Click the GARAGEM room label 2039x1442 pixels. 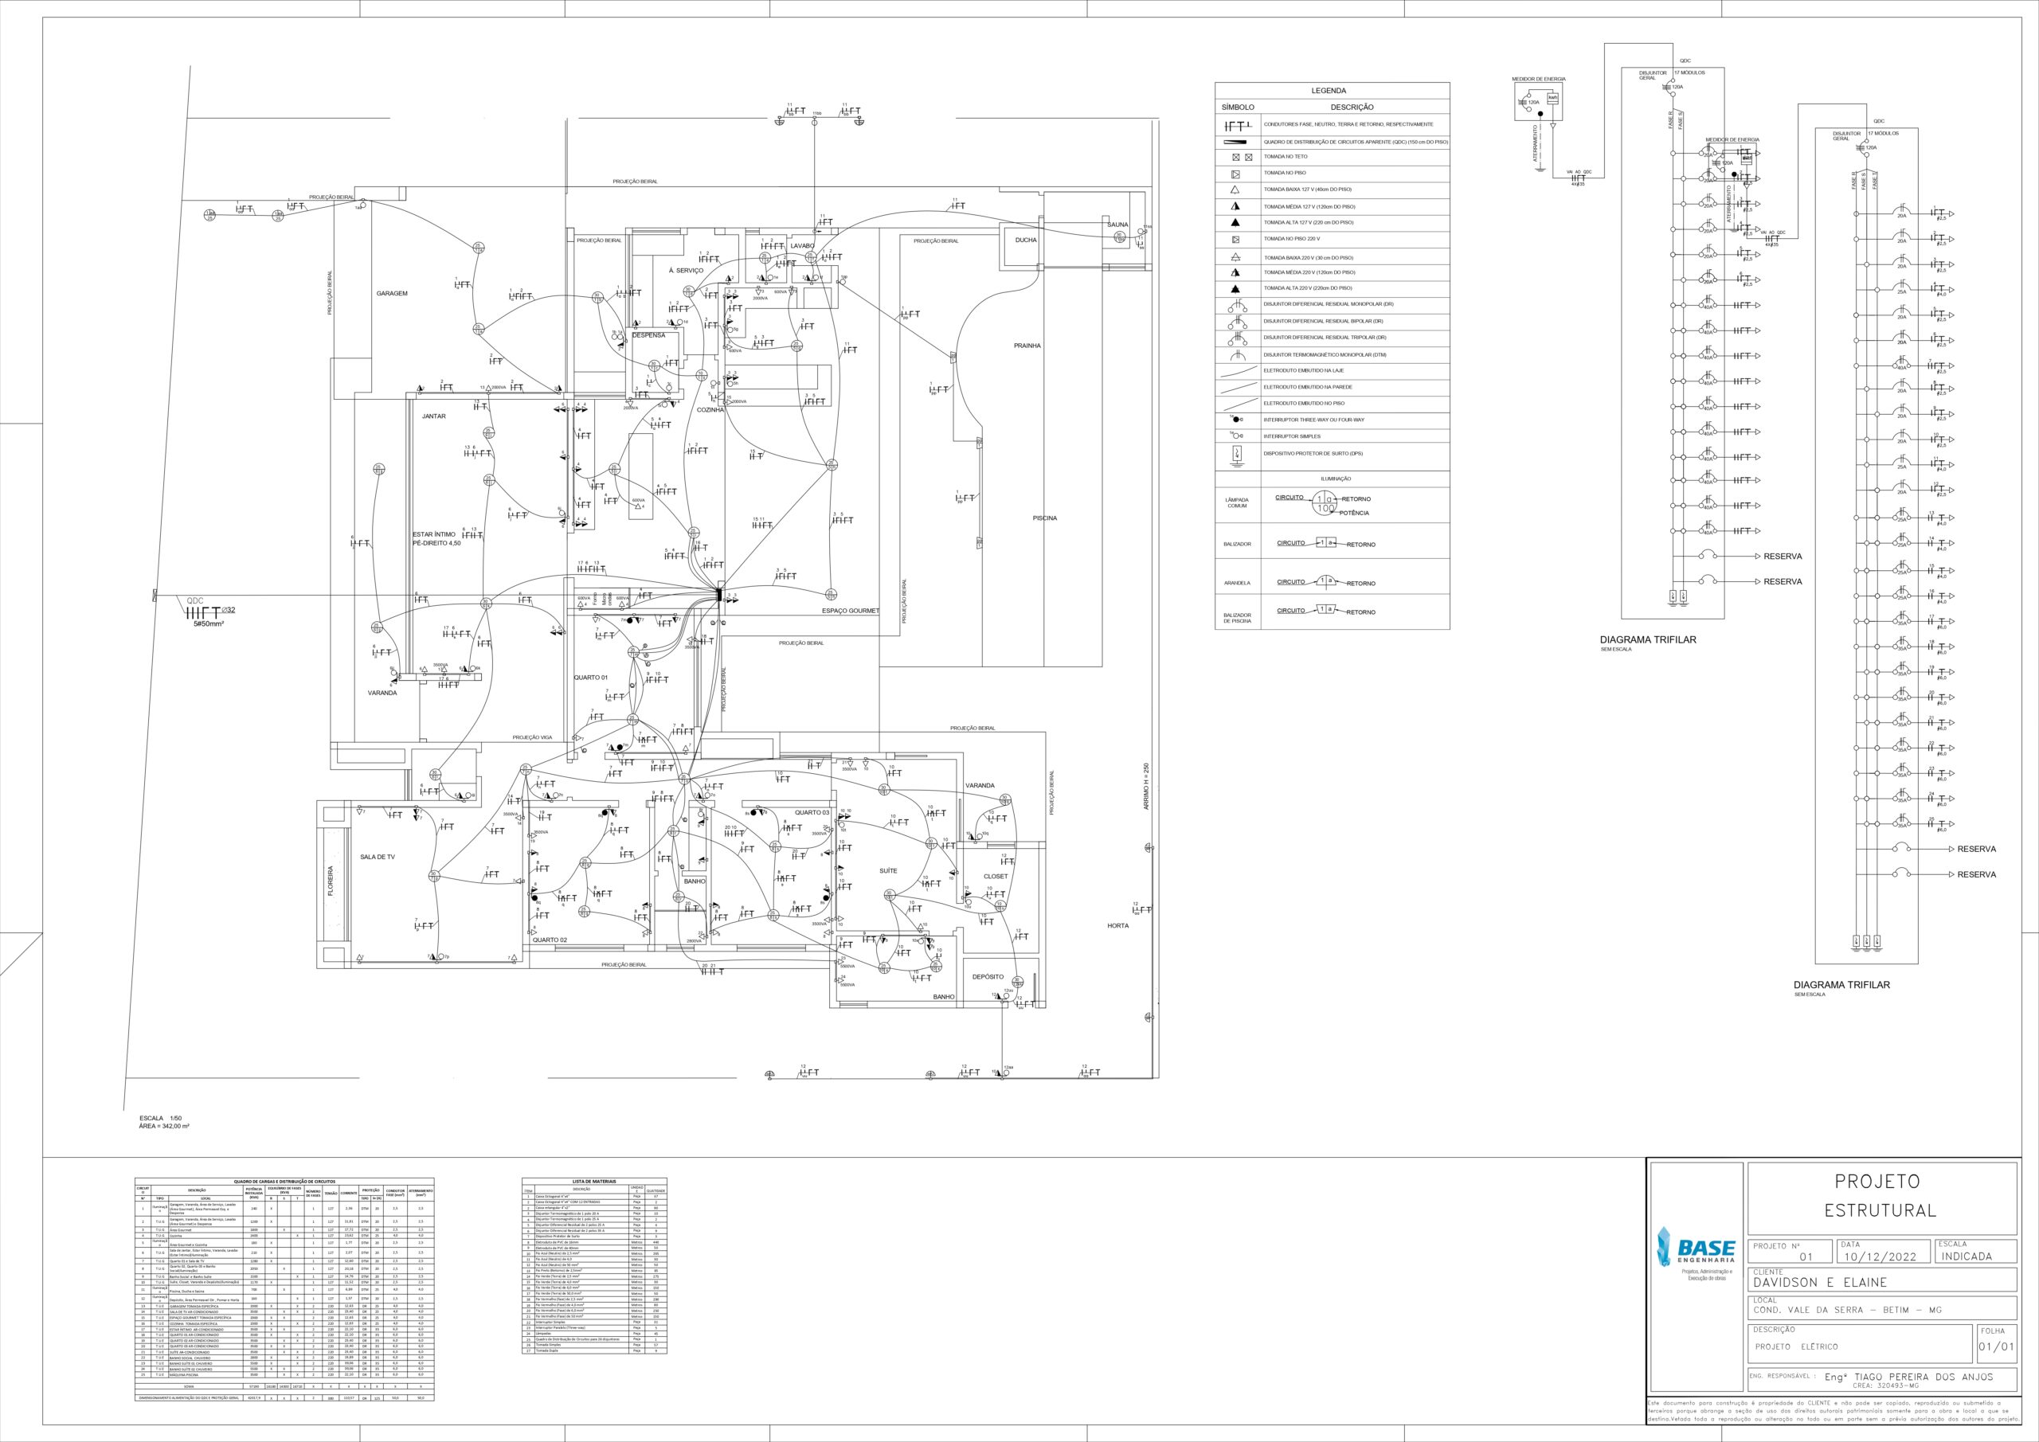[x=392, y=293]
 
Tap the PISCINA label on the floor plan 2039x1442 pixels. [x=1044, y=518]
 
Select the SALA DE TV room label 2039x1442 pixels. [x=378, y=857]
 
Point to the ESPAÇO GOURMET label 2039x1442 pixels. [x=850, y=611]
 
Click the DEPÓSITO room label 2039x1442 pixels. [x=988, y=977]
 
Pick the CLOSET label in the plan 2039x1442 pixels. [x=996, y=877]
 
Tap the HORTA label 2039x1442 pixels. [x=1117, y=926]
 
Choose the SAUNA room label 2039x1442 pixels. [x=1117, y=225]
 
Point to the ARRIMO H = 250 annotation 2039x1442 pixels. [x=1145, y=786]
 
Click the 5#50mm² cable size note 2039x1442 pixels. [x=209, y=624]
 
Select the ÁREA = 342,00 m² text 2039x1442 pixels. [x=164, y=1126]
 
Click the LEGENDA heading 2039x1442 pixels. [x=1329, y=91]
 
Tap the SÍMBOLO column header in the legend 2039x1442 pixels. [x=1238, y=107]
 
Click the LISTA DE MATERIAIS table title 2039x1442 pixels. [x=594, y=1182]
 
